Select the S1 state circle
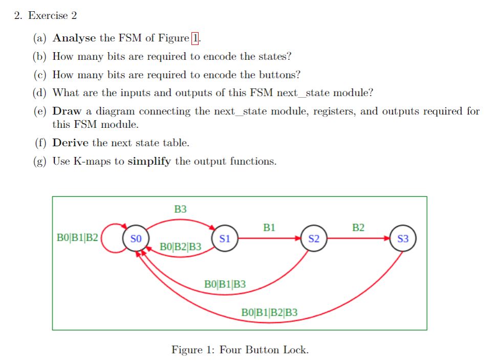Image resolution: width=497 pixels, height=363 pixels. (x=225, y=238)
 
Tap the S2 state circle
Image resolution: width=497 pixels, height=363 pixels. (x=314, y=238)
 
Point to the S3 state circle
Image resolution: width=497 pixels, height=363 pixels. (x=403, y=238)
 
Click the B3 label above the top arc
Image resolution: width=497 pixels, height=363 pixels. (x=180, y=209)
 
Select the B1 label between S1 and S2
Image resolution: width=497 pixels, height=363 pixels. (x=269, y=228)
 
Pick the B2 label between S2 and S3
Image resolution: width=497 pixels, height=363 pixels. (x=358, y=228)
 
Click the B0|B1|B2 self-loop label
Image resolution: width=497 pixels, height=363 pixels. (x=77, y=238)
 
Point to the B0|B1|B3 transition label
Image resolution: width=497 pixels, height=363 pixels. (x=225, y=284)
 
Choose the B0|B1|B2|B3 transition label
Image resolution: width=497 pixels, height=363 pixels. (x=269, y=312)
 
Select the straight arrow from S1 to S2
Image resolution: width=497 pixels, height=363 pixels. (x=269, y=238)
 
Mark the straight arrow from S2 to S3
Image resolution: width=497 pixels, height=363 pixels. (x=358, y=238)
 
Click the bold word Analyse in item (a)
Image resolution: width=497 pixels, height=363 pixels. (x=74, y=38)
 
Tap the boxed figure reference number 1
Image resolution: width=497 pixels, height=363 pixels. (x=195, y=38)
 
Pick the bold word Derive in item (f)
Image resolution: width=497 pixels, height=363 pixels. (x=71, y=143)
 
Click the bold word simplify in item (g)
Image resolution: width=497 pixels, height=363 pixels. (x=149, y=162)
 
